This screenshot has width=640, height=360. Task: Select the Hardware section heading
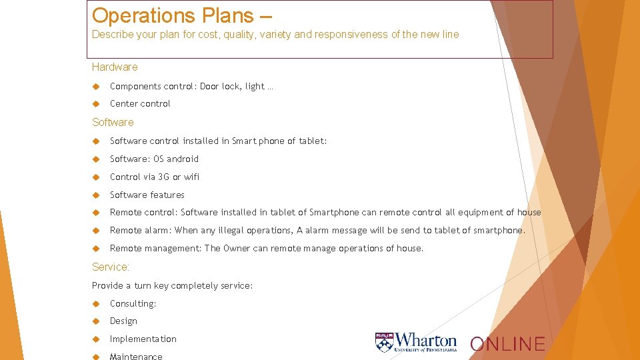[x=115, y=67]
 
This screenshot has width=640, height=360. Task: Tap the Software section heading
[x=113, y=122]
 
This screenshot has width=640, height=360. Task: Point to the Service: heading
[x=111, y=267]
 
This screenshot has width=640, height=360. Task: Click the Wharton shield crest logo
[x=384, y=342]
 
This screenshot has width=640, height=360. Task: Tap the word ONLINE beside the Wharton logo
[x=508, y=344]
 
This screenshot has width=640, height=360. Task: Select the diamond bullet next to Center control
[x=96, y=104]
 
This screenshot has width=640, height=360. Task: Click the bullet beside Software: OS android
[x=96, y=159]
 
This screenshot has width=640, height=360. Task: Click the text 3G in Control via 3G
[x=164, y=177]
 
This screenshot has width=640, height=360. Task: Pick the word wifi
[x=191, y=177]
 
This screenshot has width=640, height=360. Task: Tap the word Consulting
[x=133, y=303]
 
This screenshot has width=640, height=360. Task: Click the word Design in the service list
[x=123, y=321]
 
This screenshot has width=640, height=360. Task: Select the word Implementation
[x=143, y=339]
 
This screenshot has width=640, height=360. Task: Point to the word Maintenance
[x=136, y=356]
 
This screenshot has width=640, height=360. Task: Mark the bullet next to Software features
[x=96, y=195]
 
